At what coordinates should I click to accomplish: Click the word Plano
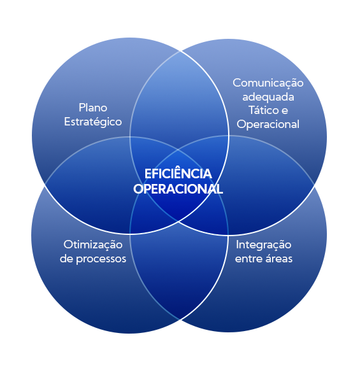coord(93,108)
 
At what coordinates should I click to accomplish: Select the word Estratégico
coord(93,122)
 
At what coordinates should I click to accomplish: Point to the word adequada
coord(268,97)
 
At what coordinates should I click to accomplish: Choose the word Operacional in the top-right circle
coord(268,124)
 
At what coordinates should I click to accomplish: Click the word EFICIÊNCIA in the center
coord(178,174)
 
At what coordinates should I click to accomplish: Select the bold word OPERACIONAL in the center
coord(178,188)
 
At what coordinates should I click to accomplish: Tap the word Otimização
coord(93,245)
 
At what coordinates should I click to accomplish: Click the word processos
coord(101,259)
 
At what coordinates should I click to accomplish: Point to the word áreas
coord(278,258)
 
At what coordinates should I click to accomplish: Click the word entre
coord(248,259)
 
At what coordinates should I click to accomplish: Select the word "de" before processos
coord(66,258)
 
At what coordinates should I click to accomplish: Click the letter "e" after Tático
coord(285,111)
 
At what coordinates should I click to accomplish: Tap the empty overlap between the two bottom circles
coord(179,270)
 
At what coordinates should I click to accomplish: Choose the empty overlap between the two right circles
coord(270,185)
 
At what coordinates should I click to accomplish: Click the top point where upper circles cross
coord(180,51)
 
